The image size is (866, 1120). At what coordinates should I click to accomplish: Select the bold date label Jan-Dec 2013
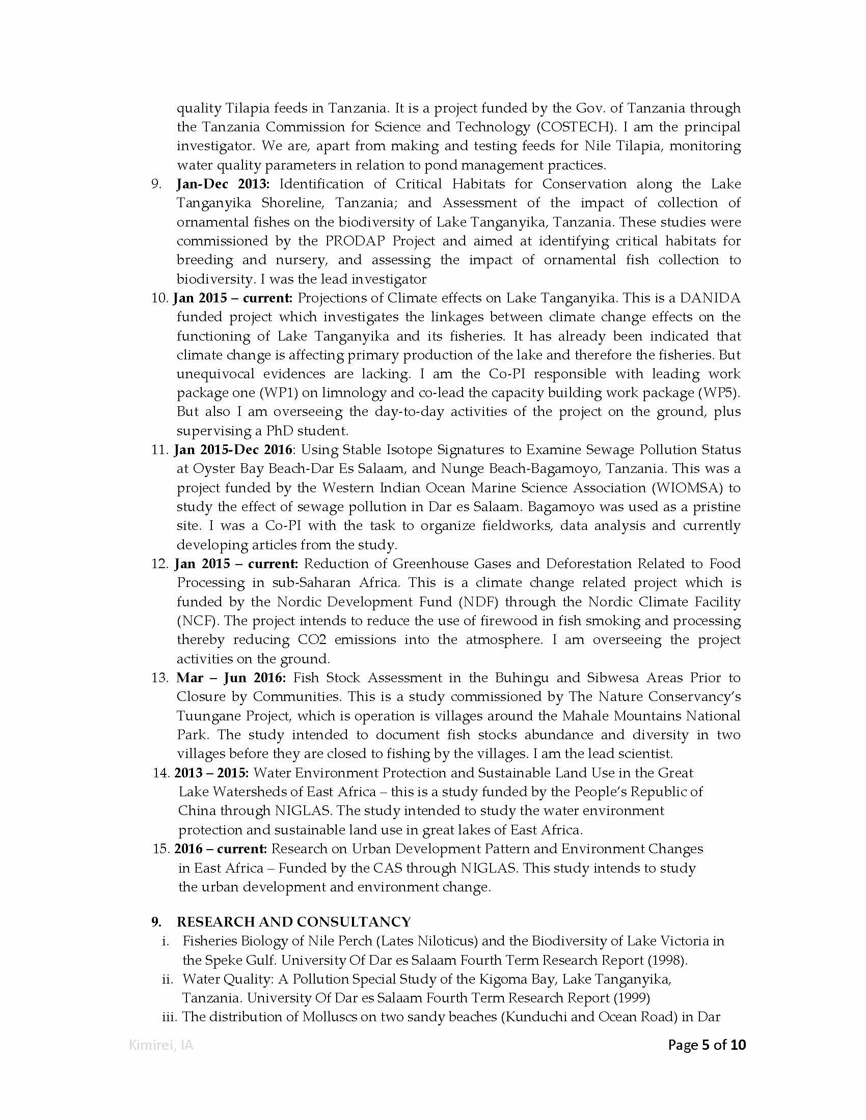[223, 184]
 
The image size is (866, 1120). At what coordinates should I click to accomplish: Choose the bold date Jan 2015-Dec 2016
[233, 450]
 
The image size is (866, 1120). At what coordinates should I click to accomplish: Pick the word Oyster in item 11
[212, 469]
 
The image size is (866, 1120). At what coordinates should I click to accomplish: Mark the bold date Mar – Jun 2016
[231, 678]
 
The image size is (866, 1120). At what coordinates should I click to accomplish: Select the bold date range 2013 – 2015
[211, 773]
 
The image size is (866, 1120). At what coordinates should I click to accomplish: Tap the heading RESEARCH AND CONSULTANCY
[293, 922]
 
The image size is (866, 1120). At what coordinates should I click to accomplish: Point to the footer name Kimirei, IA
[161, 1045]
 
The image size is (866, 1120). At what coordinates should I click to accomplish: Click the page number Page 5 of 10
[707, 1045]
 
